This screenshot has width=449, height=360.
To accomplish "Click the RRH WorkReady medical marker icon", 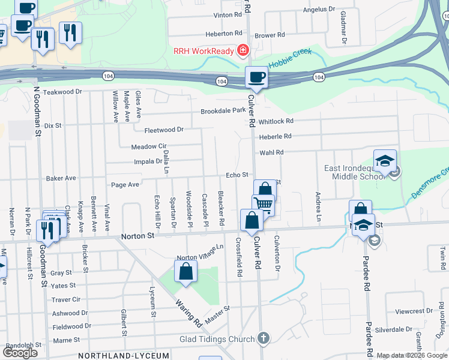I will [243, 50].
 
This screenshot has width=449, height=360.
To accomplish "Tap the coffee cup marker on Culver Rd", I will [256, 77].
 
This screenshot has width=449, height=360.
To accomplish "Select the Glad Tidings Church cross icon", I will [263, 339].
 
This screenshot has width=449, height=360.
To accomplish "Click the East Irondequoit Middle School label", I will [354, 172].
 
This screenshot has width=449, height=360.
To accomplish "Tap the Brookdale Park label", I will [223, 111].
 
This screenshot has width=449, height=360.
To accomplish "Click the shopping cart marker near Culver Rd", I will [263, 205].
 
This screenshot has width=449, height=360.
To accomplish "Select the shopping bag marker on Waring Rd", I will [186, 271].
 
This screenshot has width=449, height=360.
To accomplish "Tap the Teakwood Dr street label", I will [62, 92].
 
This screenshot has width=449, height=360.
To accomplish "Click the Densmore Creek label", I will [429, 184].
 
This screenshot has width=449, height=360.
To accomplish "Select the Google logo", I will [20, 353].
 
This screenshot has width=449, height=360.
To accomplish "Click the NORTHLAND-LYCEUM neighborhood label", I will [124, 356].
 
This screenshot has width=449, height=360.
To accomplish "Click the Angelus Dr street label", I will [319, 9].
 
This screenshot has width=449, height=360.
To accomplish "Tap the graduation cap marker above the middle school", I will [385, 160].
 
